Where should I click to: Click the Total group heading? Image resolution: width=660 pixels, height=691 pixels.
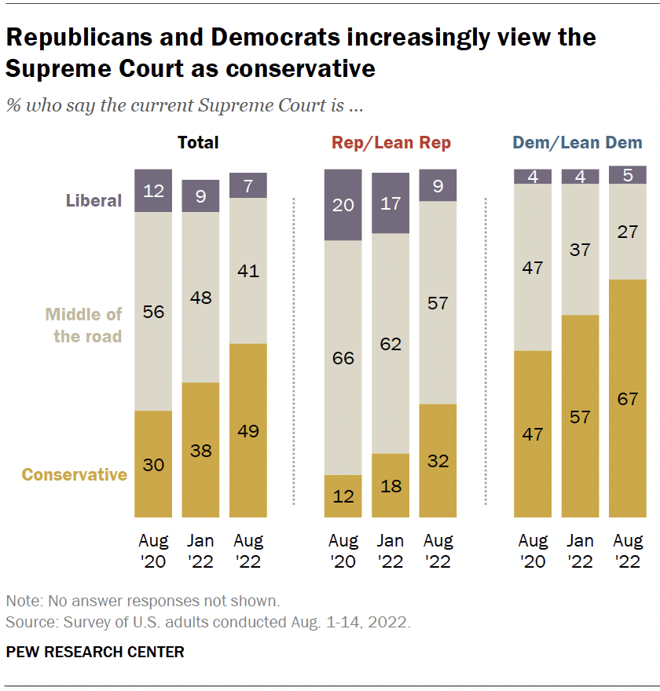point(198,143)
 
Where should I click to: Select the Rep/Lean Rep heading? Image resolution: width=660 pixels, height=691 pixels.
point(391,143)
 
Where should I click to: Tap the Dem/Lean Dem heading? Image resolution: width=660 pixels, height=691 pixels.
point(577,143)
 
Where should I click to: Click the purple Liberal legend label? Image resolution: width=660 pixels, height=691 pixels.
point(93,200)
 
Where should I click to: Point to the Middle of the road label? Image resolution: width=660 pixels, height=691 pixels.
point(83,325)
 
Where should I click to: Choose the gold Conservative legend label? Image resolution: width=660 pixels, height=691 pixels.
point(74,474)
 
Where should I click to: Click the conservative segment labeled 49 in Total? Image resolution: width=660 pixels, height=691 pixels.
point(248,431)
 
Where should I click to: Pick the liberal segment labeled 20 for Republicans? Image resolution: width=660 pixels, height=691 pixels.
point(343,205)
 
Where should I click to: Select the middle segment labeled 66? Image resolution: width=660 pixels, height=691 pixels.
point(343,358)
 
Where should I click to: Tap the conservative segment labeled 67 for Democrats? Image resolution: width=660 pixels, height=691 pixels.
point(627,398)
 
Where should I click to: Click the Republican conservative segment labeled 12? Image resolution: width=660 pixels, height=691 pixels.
point(343,496)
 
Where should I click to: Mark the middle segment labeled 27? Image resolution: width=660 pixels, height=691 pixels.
point(627,232)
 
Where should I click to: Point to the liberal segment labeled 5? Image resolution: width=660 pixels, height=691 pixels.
point(627,175)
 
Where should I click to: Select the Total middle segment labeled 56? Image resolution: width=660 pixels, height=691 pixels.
point(153,311)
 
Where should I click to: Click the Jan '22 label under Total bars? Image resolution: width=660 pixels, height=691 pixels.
point(200,550)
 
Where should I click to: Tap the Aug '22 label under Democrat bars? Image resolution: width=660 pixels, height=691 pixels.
point(627,550)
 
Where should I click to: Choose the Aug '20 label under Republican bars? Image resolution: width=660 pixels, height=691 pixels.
point(343,550)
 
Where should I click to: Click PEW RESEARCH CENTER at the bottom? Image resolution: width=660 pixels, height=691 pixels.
point(95,652)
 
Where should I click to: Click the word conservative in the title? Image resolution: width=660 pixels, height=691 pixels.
point(300,68)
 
